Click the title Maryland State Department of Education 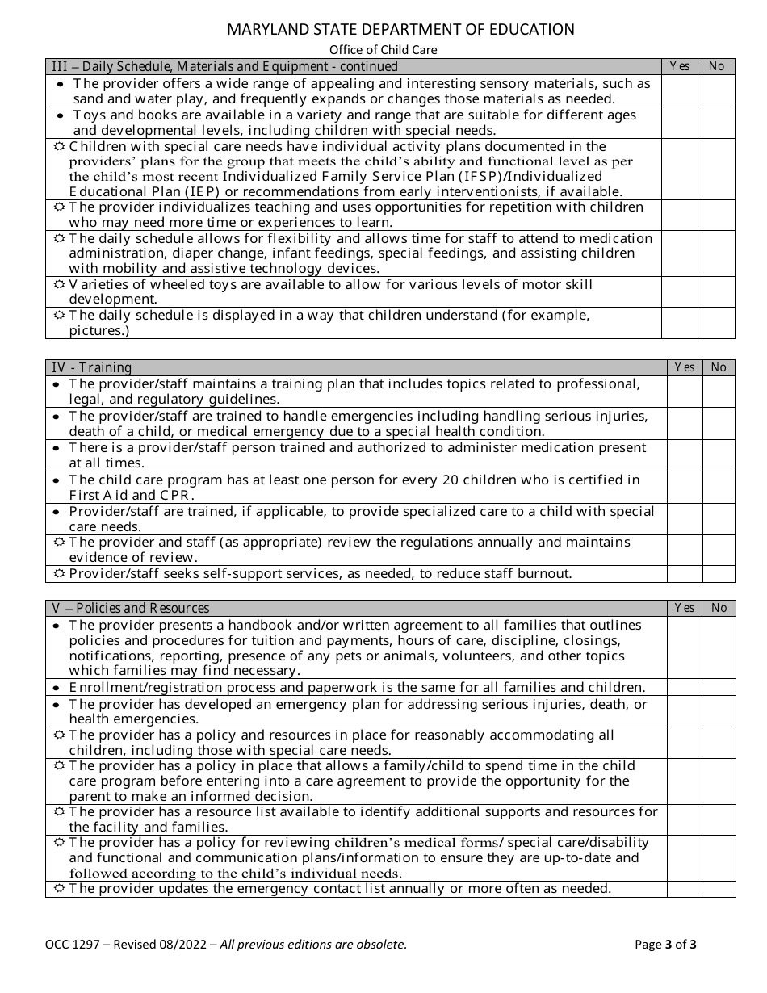pyautogui.click(x=400, y=30)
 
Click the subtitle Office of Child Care pyautogui.click(x=383, y=50)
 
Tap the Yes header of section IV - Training pyautogui.click(x=684, y=367)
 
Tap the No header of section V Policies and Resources pyautogui.click(x=719, y=608)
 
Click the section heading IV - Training pyautogui.click(x=91, y=368)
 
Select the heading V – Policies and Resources pyautogui.click(x=130, y=609)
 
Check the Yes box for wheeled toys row pyautogui.click(x=679, y=292)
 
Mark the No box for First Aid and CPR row pyautogui.click(x=719, y=488)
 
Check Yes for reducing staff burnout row pyautogui.click(x=684, y=574)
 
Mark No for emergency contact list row pyautogui.click(x=719, y=889)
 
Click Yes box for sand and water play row pyautogui.click(x=679, y=91)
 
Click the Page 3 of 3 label pyautogui.click(x=665, y=945)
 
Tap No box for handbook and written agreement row pyautogui.click(x=719, y=647)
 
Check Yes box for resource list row pyautogui.click(x=684, y=819)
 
